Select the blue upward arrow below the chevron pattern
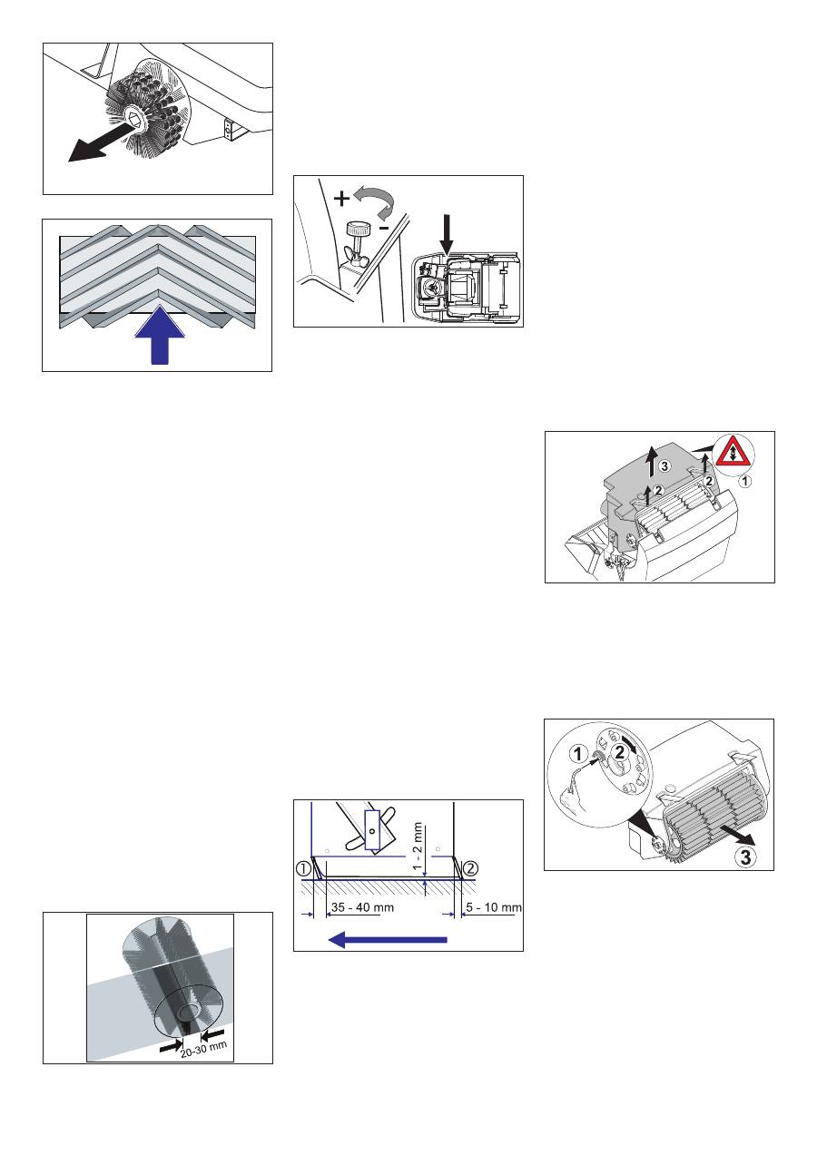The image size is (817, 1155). click(160, 335)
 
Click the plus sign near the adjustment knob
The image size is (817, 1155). click(341, 198)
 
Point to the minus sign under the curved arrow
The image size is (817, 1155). click(383, 227)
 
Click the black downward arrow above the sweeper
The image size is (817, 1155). click(448, 235)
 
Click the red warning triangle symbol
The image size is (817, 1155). click(733, 455)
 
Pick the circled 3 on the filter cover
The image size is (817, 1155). click(664, 466)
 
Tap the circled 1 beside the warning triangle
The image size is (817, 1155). click(745, 482)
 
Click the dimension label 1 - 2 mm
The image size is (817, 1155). click(418, 846)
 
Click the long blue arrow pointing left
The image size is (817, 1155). click(388, 940)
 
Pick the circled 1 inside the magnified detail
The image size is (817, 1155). click(578, 754)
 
